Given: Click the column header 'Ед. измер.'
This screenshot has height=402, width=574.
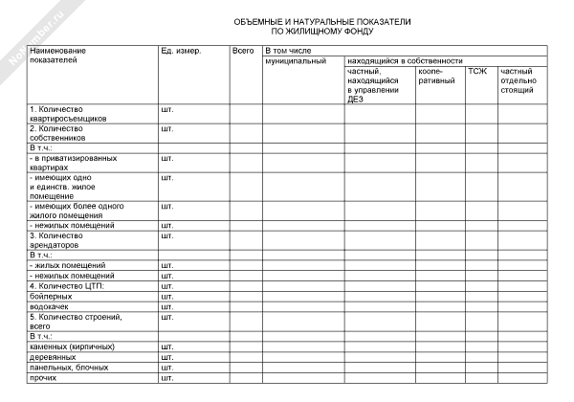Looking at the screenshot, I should coord(181,50).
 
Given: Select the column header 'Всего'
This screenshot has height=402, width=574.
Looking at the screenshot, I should coord(242,50).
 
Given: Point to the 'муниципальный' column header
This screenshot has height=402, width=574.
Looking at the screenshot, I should coord(296,60).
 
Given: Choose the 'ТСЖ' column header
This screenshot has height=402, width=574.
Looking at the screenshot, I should coord(475,71).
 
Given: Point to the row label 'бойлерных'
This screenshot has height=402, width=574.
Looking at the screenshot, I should coord(51,296).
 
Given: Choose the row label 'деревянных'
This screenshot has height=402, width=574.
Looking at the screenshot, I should coord(54,356).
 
